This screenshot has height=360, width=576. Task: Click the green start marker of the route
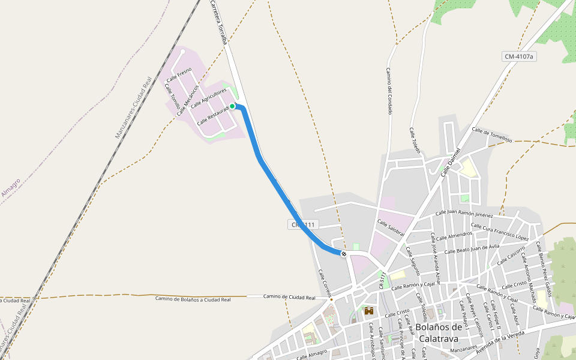[x=232, y=106]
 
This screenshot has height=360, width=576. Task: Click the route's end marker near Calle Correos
[x=344, y=254]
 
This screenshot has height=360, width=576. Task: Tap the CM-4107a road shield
[x=519, y=56]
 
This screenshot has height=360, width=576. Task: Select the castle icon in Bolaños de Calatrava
[x=368, y=311]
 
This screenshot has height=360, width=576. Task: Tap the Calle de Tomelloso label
[x=492, y=134]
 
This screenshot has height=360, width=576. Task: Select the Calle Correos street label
[x=325, y=283]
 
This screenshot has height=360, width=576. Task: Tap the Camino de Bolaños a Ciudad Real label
[x=193, y=298]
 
